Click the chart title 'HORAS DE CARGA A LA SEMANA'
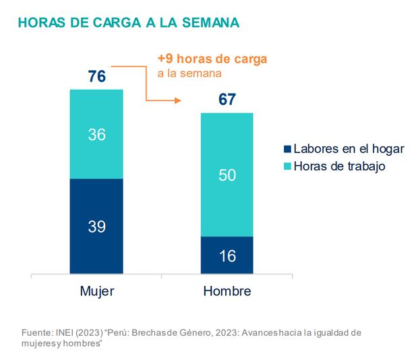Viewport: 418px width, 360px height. click(129, 23)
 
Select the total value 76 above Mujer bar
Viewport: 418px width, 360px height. click(96, 76)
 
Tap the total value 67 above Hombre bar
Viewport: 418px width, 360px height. click(227, 100)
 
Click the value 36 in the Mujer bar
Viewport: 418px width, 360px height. click(96, 134)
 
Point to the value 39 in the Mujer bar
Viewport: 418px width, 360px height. click(96, 227)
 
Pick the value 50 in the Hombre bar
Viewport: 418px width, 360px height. click(227, 175)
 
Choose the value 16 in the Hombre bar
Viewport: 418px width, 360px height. click(227, 256)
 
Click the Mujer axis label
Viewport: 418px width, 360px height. click(96, 292)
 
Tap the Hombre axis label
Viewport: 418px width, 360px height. click(227, 292)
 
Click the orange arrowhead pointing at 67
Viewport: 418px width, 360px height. click(179, 101)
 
